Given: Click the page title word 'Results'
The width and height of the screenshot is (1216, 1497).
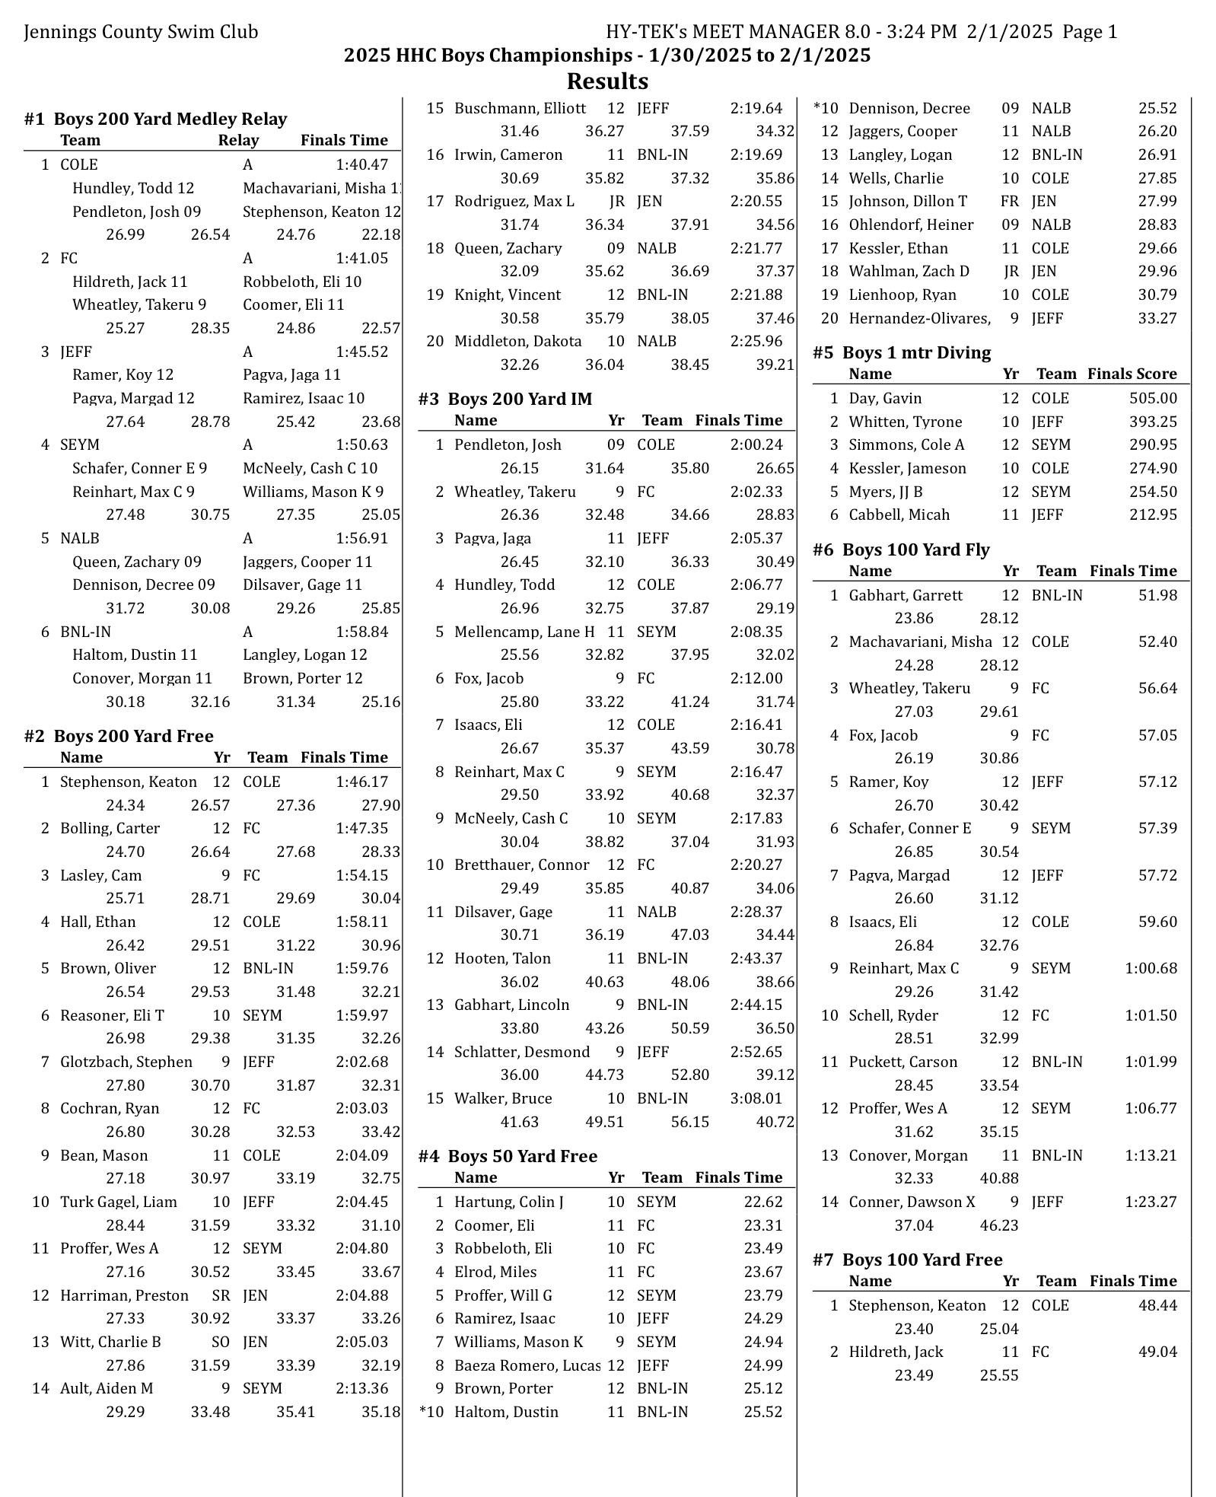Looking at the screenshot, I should [607, 81].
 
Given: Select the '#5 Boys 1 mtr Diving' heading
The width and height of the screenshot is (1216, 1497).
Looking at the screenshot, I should [902, 352].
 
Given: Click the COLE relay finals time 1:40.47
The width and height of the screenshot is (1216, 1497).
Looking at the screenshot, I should [361, 165].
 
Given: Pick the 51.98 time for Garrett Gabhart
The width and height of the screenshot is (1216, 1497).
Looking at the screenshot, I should [1157, 595].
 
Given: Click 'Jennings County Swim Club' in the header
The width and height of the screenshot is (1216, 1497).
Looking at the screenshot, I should [141, 32].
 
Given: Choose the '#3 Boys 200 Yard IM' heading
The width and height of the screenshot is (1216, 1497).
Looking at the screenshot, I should [505, 399].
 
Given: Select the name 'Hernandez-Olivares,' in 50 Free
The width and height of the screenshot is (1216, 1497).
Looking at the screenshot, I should [919, 318].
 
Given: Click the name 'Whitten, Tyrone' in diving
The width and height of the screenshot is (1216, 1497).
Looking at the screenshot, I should [905, 422].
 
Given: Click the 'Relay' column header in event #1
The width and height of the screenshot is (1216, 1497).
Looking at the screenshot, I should [238, 140].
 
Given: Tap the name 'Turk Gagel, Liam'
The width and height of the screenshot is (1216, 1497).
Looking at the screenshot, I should [118, 1202].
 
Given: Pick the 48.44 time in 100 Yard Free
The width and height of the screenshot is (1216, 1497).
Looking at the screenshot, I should [1157, 1305].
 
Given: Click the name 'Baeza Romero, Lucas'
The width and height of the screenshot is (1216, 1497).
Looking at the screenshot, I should [527, 1365].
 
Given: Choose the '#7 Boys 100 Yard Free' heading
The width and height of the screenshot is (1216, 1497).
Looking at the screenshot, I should [907, 1260].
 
